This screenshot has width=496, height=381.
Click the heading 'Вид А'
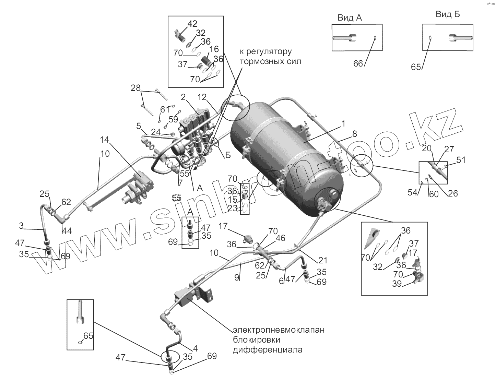tap(350, 18)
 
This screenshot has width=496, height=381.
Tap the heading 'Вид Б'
tap(448, 14)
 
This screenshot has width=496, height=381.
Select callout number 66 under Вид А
tap(358, 64)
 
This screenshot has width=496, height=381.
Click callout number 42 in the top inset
tap(192, 24)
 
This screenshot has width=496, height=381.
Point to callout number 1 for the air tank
tap(343, 123)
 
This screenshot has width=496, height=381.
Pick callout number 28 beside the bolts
tap(135, 88)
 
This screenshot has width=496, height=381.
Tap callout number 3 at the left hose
tap(21, 226)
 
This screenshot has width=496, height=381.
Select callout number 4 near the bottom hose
tap(195, 348)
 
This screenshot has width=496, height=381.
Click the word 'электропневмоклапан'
tap(278, 330)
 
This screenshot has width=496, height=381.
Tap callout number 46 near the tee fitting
tap(281, 238)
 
